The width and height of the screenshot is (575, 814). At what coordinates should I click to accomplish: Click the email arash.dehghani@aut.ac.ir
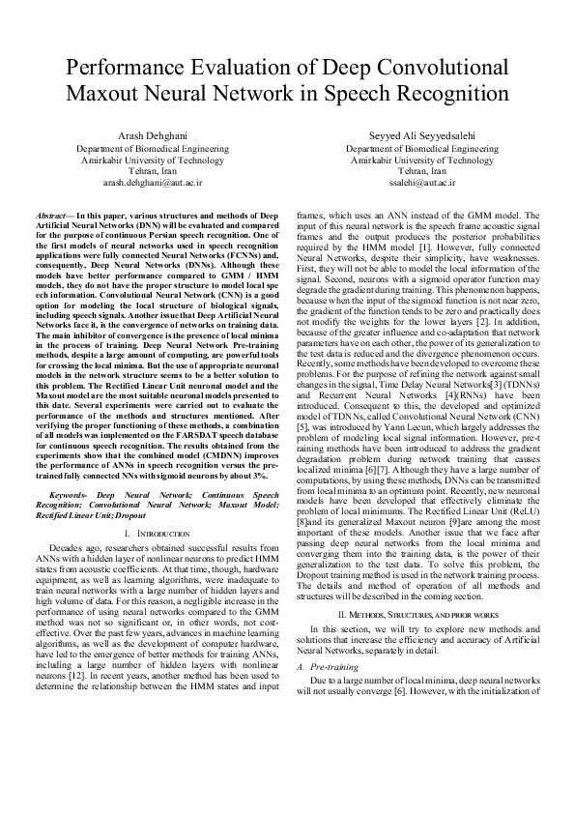tap(152, 181)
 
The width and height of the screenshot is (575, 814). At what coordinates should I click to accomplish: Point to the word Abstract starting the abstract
tap(49, 212)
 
